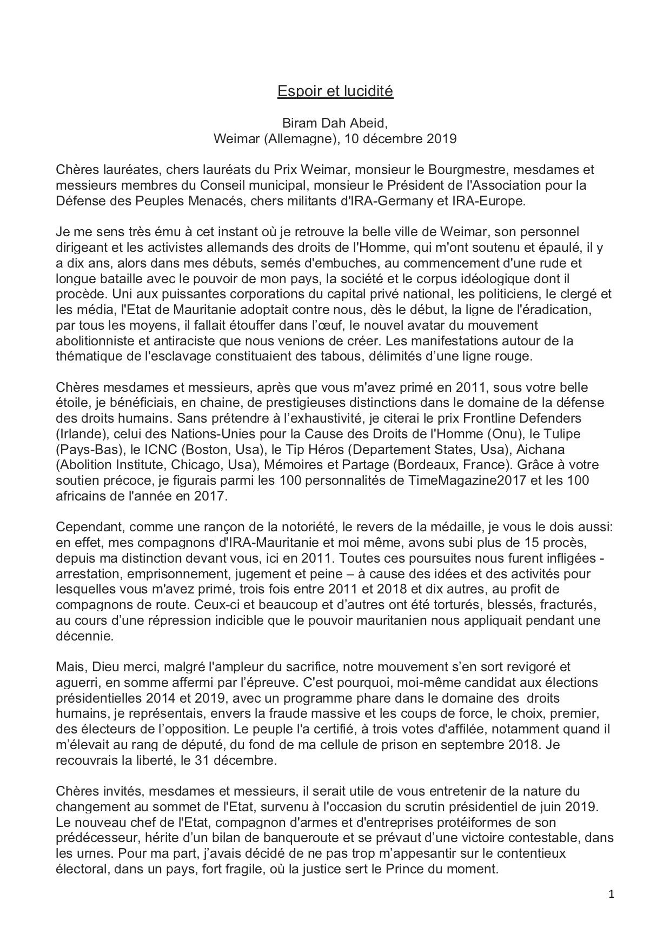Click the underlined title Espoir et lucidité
(335, 91)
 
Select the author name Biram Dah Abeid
(335, 123)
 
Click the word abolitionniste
(93, 342)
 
